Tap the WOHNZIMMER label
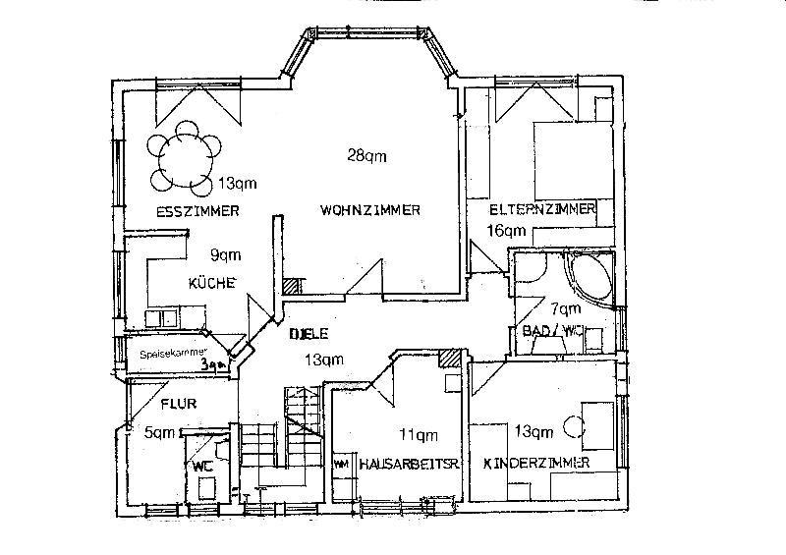tap(370, 210)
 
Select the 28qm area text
tap(366, 154)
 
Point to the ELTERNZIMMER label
tap(542, 210)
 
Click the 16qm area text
tap(508, 231)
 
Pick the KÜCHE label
tap(212, 283)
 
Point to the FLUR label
tap(178, 403)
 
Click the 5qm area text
tap(159, 431)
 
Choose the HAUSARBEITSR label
tap(396, 463)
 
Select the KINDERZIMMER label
tap(535, 463)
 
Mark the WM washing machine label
tap(343, 464)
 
